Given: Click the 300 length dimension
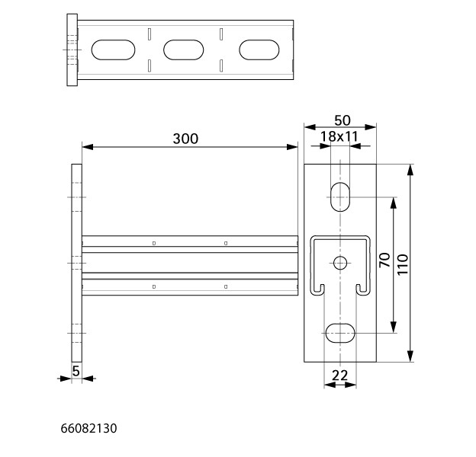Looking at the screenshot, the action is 185,139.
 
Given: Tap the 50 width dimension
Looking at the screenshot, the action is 342,120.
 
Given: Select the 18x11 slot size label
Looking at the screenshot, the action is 339,136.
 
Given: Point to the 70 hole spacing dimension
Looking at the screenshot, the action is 384,260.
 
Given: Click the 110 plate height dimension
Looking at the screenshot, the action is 403,264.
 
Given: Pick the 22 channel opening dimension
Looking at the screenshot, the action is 339,376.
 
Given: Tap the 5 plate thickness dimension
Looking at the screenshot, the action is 76,371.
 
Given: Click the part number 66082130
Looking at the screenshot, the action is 88,428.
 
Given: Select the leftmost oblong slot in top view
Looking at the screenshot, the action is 113,50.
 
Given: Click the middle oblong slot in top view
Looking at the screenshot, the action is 184,50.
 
